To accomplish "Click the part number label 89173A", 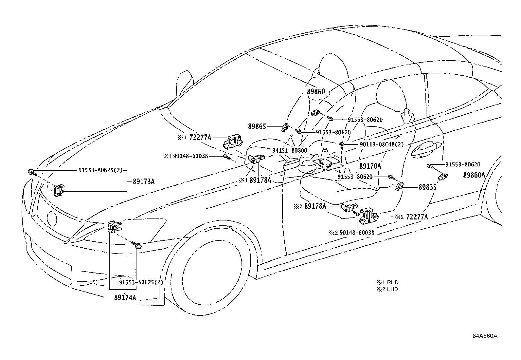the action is pyautogui.click(x=144, y=181).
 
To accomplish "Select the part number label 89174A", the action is pyautogui.click(x=125, y=297).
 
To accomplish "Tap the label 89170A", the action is pyautogui.click(x=370, y=166).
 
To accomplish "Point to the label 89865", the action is pyautogui.click(x=257, y=126).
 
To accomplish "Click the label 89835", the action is pyautogui.click(x=427, y=187).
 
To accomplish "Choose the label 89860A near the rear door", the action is pyautogui.click(x=474, y=175).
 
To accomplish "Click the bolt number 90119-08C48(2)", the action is pyautogui.click(x=382, y=144).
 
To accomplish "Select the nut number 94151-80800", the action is pyautogui.click(x=290, y=150).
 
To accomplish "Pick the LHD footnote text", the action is pyautogui.click(x=387, y=289).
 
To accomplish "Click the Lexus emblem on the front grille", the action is pyautogui.click(x=52, y=218).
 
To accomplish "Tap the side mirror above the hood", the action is pyautogui.click(x=185, y=84).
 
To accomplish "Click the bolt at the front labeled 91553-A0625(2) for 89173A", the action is pyautogui.click(x=32, y=173).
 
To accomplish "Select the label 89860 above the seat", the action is pyautogui.click(x=316, y=91).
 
